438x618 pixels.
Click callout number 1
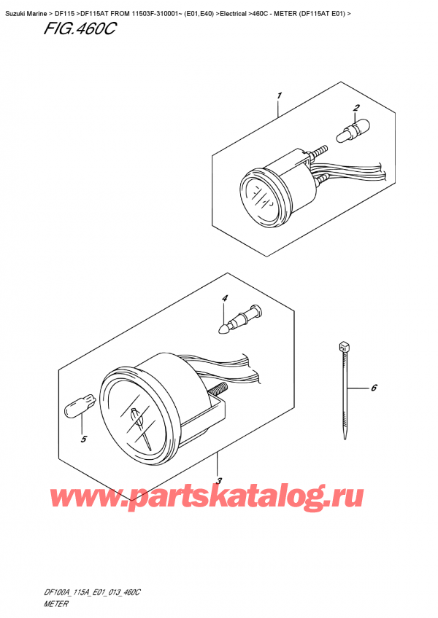pyautogui.click(x=280, y=95)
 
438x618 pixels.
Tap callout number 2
pyautogui.click(x=356, y=109)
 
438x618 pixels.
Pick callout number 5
pyautogui.click(x=373, y=388)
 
